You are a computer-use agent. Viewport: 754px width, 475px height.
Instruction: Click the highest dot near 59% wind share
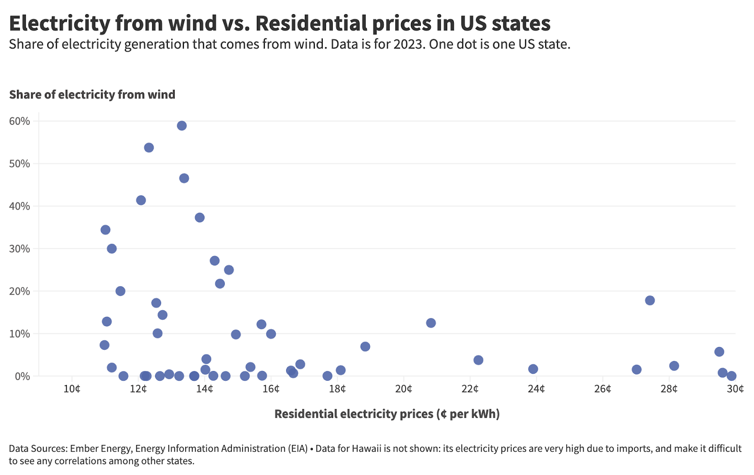pyautogui.click(x=181, y=126)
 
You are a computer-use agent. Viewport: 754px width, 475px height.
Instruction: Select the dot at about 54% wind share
pyautogui.click(x=148, y=148)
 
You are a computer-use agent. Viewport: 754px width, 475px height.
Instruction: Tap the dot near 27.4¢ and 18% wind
pyautogui.click(x=649, y=300)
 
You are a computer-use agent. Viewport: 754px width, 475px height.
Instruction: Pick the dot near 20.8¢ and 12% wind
pyautogui.click(x=430, y=323)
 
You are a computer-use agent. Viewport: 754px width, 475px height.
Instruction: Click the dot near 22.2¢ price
pyautogui.click(x=478, y=360)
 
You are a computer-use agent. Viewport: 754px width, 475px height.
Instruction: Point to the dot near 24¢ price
pyautogui.click(x=533, y=369)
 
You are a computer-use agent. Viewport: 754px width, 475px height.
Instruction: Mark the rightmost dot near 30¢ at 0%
pyautogui.click(x=731, y=376)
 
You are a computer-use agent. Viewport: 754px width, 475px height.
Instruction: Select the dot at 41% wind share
pyautogui.click(x=141, y=200)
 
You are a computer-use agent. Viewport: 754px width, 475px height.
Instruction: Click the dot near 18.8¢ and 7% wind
pyautogui.click(x=365, y=346)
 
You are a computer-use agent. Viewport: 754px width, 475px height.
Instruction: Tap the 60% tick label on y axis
pyautogui.click(x=19, y=121)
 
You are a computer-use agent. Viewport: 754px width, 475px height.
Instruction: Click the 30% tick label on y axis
pyautogui.click(x=19, y=249)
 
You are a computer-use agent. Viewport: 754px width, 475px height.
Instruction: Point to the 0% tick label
pyautogui.click(x=22, y=376)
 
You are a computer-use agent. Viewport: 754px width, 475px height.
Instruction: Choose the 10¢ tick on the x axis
pyautogui.click(x=72, y=389)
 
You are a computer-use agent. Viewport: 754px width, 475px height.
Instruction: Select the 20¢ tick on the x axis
pyautogui.click(x=403, y=389)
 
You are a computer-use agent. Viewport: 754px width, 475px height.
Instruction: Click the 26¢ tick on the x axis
pyautogui.click(x=602, y=389)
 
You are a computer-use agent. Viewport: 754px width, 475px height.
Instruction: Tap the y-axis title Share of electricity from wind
pyautogui.click(x=92, y=95)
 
